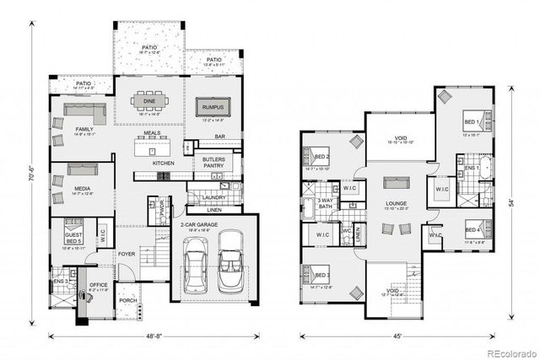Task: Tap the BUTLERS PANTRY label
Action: click(x=212, y=164)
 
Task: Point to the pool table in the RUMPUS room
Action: click(x=210, y=106)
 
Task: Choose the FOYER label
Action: click(x=127, y=251)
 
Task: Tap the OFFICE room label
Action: click(x=99, y=285)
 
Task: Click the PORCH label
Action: click(x=128, y=301)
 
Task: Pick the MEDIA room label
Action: click(x=83, y=190)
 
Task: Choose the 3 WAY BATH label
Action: click(x=326, y=204)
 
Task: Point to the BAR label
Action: click(x=219, y=136)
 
